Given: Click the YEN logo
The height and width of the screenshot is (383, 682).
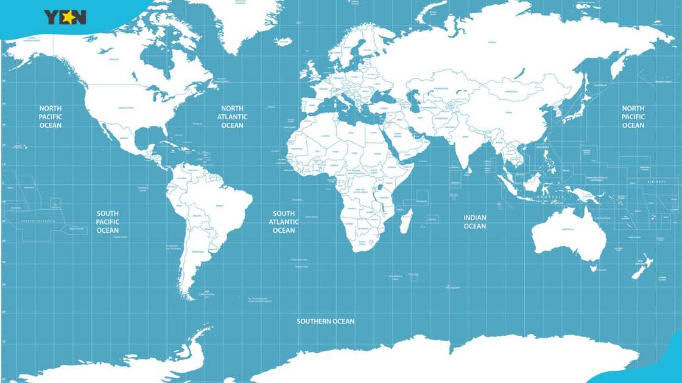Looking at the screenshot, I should pos(65,17).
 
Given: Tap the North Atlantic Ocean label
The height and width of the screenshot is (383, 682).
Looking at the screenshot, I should pos(232,117).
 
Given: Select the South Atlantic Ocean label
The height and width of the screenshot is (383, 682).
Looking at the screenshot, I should pos(284,222).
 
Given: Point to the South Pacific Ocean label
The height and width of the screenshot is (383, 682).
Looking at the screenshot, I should pos(108,222).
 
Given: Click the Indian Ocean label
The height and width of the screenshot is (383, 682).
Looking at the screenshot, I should pos(475,222).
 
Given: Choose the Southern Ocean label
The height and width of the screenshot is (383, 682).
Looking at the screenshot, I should pos(326,321).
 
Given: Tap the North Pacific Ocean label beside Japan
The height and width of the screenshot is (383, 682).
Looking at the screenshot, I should pos(633,117).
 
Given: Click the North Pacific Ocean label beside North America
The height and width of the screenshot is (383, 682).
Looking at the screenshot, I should pos(51,117).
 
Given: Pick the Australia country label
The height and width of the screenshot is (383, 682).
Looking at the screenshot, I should pos(568,229).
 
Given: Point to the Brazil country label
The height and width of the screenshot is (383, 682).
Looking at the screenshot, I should pos(219,206).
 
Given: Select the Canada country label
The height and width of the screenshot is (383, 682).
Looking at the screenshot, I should pos(114,60).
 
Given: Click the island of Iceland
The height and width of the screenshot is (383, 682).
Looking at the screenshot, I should pos(283,42).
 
